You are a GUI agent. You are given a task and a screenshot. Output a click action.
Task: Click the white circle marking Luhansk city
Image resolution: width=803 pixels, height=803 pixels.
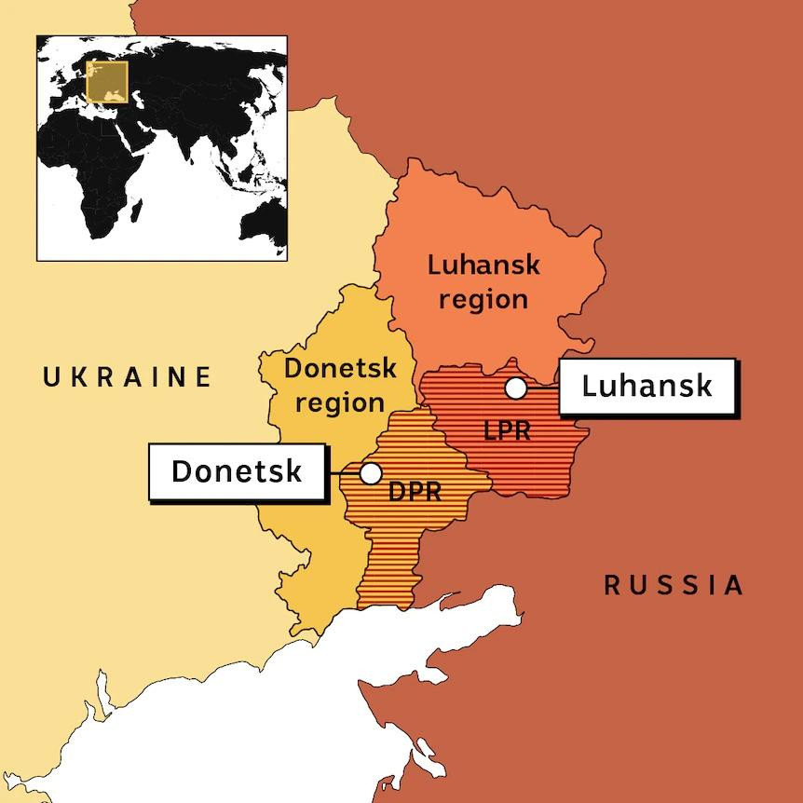coord(516,388)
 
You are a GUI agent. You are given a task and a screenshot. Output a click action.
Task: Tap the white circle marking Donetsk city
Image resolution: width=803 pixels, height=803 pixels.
coord(371,473)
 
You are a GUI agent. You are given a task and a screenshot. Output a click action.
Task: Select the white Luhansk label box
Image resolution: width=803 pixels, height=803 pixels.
coord(647,386)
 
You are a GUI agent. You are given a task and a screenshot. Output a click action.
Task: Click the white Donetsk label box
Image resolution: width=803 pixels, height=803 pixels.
coord(238,471)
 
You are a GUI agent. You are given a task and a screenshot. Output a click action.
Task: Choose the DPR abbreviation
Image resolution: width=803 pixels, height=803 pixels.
coord(415,491)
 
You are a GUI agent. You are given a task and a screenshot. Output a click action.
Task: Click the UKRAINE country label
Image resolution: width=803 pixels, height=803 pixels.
coord(129,377)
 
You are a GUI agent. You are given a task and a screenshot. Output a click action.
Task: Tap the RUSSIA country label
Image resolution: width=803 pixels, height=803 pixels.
coord(674,585)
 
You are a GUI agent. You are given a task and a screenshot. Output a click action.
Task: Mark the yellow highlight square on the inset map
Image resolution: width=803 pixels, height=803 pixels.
coord(106,81)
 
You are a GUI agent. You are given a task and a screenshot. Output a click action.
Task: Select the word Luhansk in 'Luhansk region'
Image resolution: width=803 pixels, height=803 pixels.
coord(483,265)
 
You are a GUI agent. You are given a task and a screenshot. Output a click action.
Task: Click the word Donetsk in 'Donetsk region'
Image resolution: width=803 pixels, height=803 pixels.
coord(340,369)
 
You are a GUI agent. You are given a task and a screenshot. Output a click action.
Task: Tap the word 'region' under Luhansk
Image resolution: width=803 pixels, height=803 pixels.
coord(483,300)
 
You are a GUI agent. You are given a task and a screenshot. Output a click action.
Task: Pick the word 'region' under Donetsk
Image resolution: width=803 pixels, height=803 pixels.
coord(340,402)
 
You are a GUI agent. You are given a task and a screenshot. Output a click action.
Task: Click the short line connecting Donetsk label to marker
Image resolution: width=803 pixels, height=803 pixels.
coord(345,473)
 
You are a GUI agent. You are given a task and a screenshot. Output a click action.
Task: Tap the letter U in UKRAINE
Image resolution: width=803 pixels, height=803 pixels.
coord(52,377)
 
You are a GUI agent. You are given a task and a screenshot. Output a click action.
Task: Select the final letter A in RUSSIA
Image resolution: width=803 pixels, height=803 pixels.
coord(734,585)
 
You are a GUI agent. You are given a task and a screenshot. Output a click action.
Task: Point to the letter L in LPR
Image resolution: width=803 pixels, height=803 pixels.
coord(491,431)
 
